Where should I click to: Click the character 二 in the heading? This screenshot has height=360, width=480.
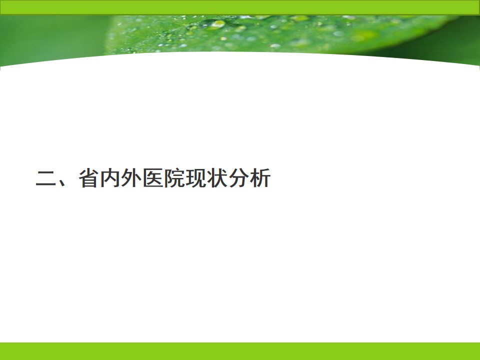pos(46,178)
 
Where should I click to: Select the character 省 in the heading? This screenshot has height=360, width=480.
pos(89,178)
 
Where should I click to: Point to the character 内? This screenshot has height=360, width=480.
pos(110,178)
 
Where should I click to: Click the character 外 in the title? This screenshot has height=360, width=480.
pos(131,178)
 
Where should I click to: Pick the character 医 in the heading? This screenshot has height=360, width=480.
pos(153,178)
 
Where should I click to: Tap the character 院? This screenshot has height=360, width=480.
pos(174,178)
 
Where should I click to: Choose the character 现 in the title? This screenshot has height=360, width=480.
pos(196,178)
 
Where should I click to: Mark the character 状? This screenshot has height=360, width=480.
pos(217,178)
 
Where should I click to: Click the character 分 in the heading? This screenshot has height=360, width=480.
pos(239,178)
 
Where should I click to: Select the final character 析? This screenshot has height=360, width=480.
pos(260,178)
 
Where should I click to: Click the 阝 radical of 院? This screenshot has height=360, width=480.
pos(168,178)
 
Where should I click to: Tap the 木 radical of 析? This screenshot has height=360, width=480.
pos(254,178)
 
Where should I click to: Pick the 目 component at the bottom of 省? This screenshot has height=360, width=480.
pos(89,182)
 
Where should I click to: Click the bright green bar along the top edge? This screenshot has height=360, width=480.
pos(240,7)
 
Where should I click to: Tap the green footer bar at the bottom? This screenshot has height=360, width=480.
pos(240,351)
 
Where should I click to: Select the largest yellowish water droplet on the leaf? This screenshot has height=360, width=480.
pos(218,24)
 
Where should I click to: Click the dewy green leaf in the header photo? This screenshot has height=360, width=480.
pos(275,33)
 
